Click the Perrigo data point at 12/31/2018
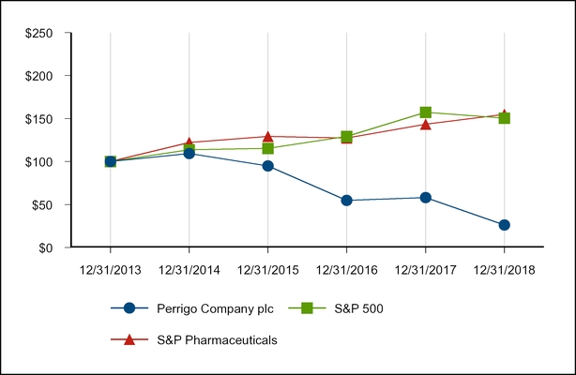(504, 225)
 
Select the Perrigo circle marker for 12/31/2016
(346, 200)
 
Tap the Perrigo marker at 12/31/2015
(267, 166)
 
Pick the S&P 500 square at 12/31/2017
(425, 112)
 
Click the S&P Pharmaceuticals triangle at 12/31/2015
(267, 137)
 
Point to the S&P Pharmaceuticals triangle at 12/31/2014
(189, 142)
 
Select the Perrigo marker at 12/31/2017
(425, 198)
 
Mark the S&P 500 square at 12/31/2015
(267, 148)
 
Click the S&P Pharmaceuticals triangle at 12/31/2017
(425, 124)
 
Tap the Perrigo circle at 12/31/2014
(189, 153)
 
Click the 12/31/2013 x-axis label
(110, 268)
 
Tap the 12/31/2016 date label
(346, 268)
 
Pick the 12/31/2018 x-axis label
(504, 268)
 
